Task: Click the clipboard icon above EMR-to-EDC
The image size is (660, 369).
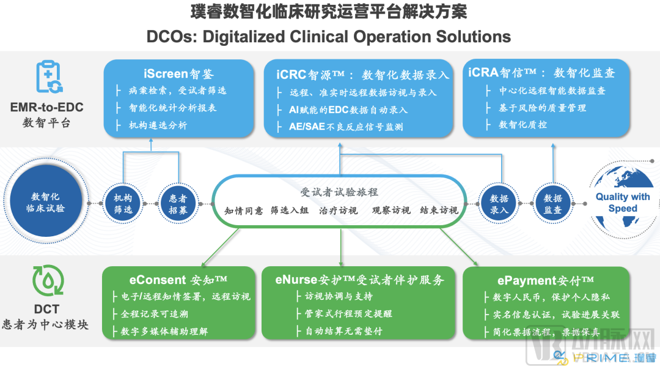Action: click(49, 76)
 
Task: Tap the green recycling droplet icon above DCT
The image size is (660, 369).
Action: click(48, 280)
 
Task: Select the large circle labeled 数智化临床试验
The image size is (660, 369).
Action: click(46, 202)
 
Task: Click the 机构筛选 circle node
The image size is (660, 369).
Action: click(123, 204)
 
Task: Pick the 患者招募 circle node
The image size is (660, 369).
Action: click(178, 204)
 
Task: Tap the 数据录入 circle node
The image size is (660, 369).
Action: click(499, 204)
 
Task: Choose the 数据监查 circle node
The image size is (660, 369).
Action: click(552, 204)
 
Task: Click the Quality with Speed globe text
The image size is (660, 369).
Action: click(623, 203)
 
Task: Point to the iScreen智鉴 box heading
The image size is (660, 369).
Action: click(178, 74)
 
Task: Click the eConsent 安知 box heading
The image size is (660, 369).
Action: click(178, 280)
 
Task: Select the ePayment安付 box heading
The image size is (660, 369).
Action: click(546, 280)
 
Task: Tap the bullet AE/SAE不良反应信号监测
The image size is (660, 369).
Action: click(345, 127)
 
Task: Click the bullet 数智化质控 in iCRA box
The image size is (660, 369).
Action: click(522, 124)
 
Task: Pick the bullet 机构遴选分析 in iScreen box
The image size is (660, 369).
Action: click(158, 125)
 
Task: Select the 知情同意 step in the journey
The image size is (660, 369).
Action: click(243, 211)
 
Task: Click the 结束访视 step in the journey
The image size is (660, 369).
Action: click(439, 210)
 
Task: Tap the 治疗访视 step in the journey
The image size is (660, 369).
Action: click(338, 211)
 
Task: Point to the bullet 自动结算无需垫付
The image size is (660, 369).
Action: click(343, 331)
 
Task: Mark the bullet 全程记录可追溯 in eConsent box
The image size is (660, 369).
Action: click(155, 314)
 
